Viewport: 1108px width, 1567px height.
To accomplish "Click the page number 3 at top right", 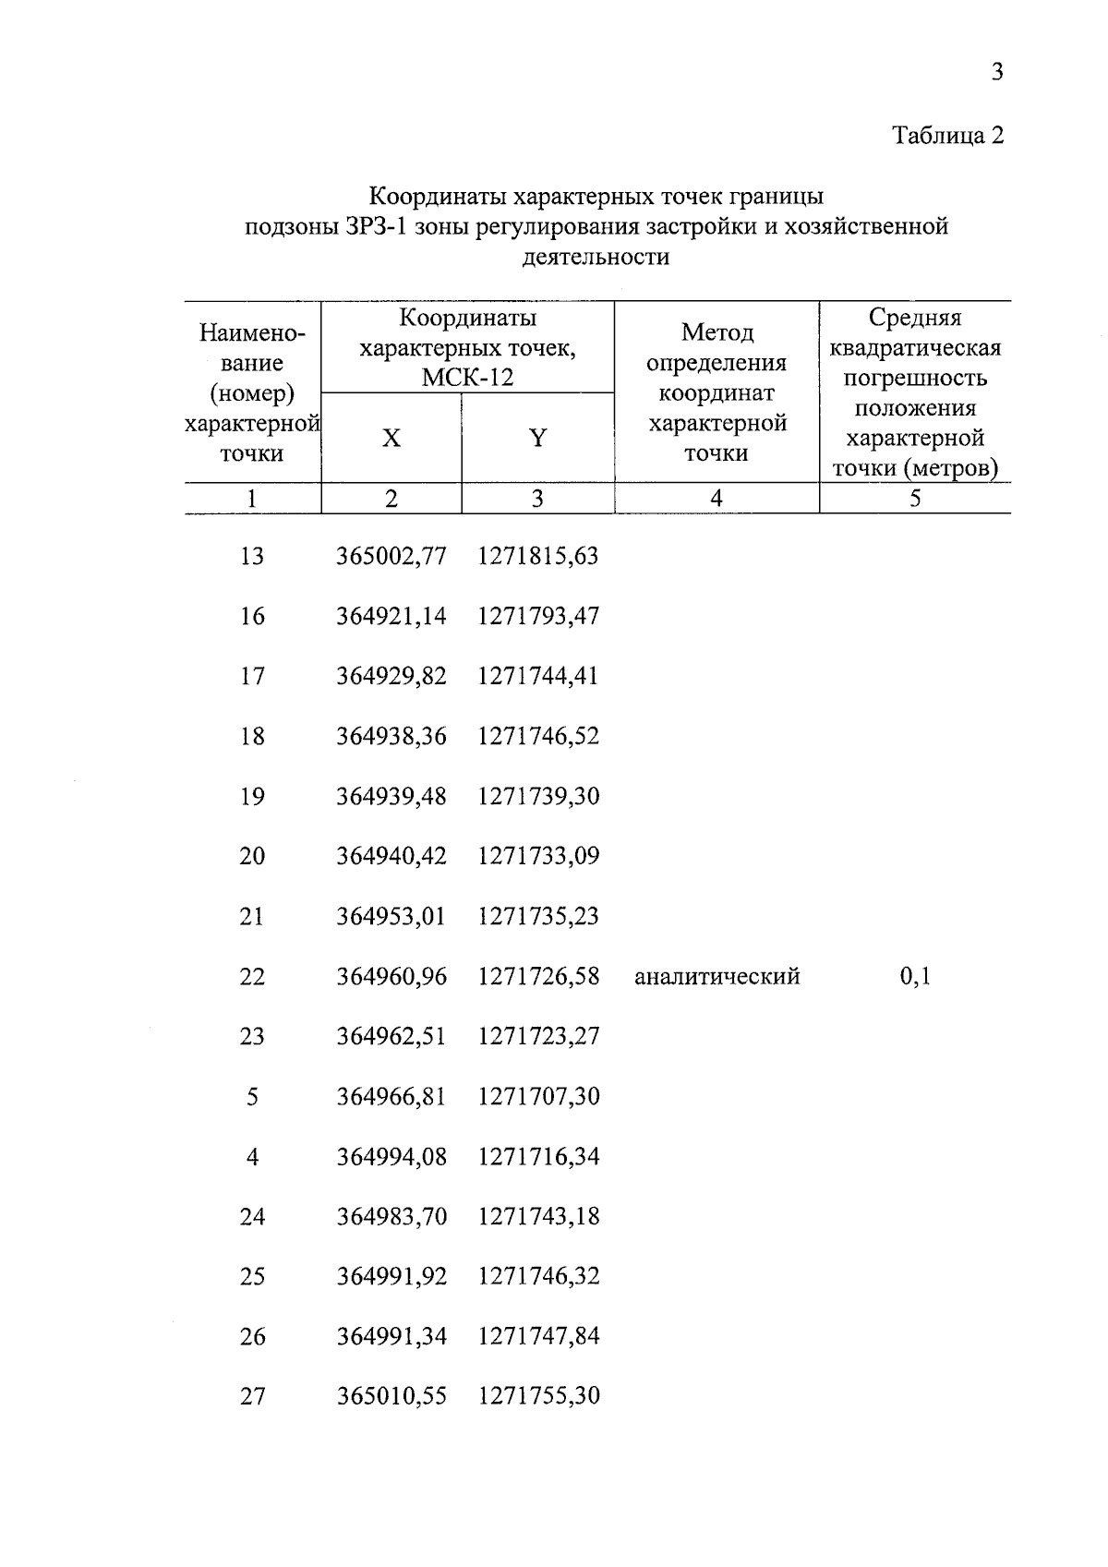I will (996, 72).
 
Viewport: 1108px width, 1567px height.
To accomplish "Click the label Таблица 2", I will (947, 136).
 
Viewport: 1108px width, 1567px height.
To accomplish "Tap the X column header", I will (391, 438).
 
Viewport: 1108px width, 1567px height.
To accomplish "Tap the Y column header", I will (537, 438).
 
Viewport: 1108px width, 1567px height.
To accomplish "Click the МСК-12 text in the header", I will (467, 378).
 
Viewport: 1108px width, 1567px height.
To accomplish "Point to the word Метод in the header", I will (717, 331).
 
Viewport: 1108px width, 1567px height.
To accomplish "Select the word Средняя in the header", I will (914, 318).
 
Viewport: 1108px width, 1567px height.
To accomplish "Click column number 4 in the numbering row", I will (716, 499).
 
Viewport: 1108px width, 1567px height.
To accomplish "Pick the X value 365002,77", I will (391, 556).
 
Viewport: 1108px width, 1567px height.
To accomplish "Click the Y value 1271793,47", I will (538, 616).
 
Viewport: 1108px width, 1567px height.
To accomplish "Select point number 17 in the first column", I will (252, 676).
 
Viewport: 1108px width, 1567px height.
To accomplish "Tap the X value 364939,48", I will (391, 796).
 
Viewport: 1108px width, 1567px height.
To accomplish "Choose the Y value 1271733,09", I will (538, 856).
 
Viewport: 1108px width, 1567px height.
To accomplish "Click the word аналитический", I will (717, 976).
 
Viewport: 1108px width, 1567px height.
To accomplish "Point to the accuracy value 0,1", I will (915, 976).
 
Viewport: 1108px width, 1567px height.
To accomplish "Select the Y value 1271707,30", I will (538, 1096).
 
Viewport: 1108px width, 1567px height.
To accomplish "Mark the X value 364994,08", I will (391, 1156).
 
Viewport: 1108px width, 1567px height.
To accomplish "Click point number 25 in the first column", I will (252, 1276).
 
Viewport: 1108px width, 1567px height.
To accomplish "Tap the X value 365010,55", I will (391, 1395).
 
